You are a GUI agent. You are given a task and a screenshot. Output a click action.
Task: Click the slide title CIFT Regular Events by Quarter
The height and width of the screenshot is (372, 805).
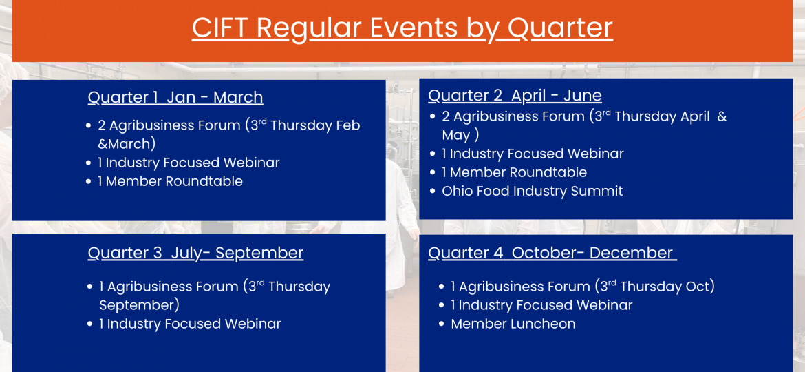tap(402, 28)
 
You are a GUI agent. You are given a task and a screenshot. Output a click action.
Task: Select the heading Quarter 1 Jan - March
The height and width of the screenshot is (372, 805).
tap(175, 98)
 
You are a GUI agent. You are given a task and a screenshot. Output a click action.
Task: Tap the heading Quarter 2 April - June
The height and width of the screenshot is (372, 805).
tap(515, 96)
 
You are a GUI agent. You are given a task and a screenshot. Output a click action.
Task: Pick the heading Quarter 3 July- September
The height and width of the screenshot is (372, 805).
tap(195, 254)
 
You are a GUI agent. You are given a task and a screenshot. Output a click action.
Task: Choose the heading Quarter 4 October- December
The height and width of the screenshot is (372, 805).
tap(552, 254)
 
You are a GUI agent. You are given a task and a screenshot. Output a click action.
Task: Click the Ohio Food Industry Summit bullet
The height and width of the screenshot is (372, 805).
tap(533, 191)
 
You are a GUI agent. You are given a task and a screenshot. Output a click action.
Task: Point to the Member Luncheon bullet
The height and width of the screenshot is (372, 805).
tap(513, 324)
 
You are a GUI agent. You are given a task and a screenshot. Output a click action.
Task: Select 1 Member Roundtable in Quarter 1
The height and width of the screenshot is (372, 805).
tap(170, 181)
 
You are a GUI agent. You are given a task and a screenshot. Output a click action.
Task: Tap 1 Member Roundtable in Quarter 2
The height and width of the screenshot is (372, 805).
tap(515, 172)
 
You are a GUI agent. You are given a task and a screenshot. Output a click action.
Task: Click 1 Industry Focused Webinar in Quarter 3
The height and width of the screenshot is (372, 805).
tap(190, 324)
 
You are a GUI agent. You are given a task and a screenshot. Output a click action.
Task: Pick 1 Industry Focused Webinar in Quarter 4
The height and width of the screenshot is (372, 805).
tap(541, 305)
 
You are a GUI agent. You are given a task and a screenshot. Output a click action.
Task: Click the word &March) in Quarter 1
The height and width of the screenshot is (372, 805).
tap(127, 144)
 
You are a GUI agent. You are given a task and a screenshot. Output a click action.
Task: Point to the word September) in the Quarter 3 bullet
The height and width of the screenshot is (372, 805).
tap(139, 305)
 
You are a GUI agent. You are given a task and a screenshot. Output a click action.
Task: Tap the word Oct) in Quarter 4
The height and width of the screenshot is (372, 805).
tap(700, 287)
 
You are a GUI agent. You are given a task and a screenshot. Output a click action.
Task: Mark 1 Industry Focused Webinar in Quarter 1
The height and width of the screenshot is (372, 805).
tap(189, 163)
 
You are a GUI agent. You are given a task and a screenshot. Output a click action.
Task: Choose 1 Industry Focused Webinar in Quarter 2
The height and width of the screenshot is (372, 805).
tap(533, 154)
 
